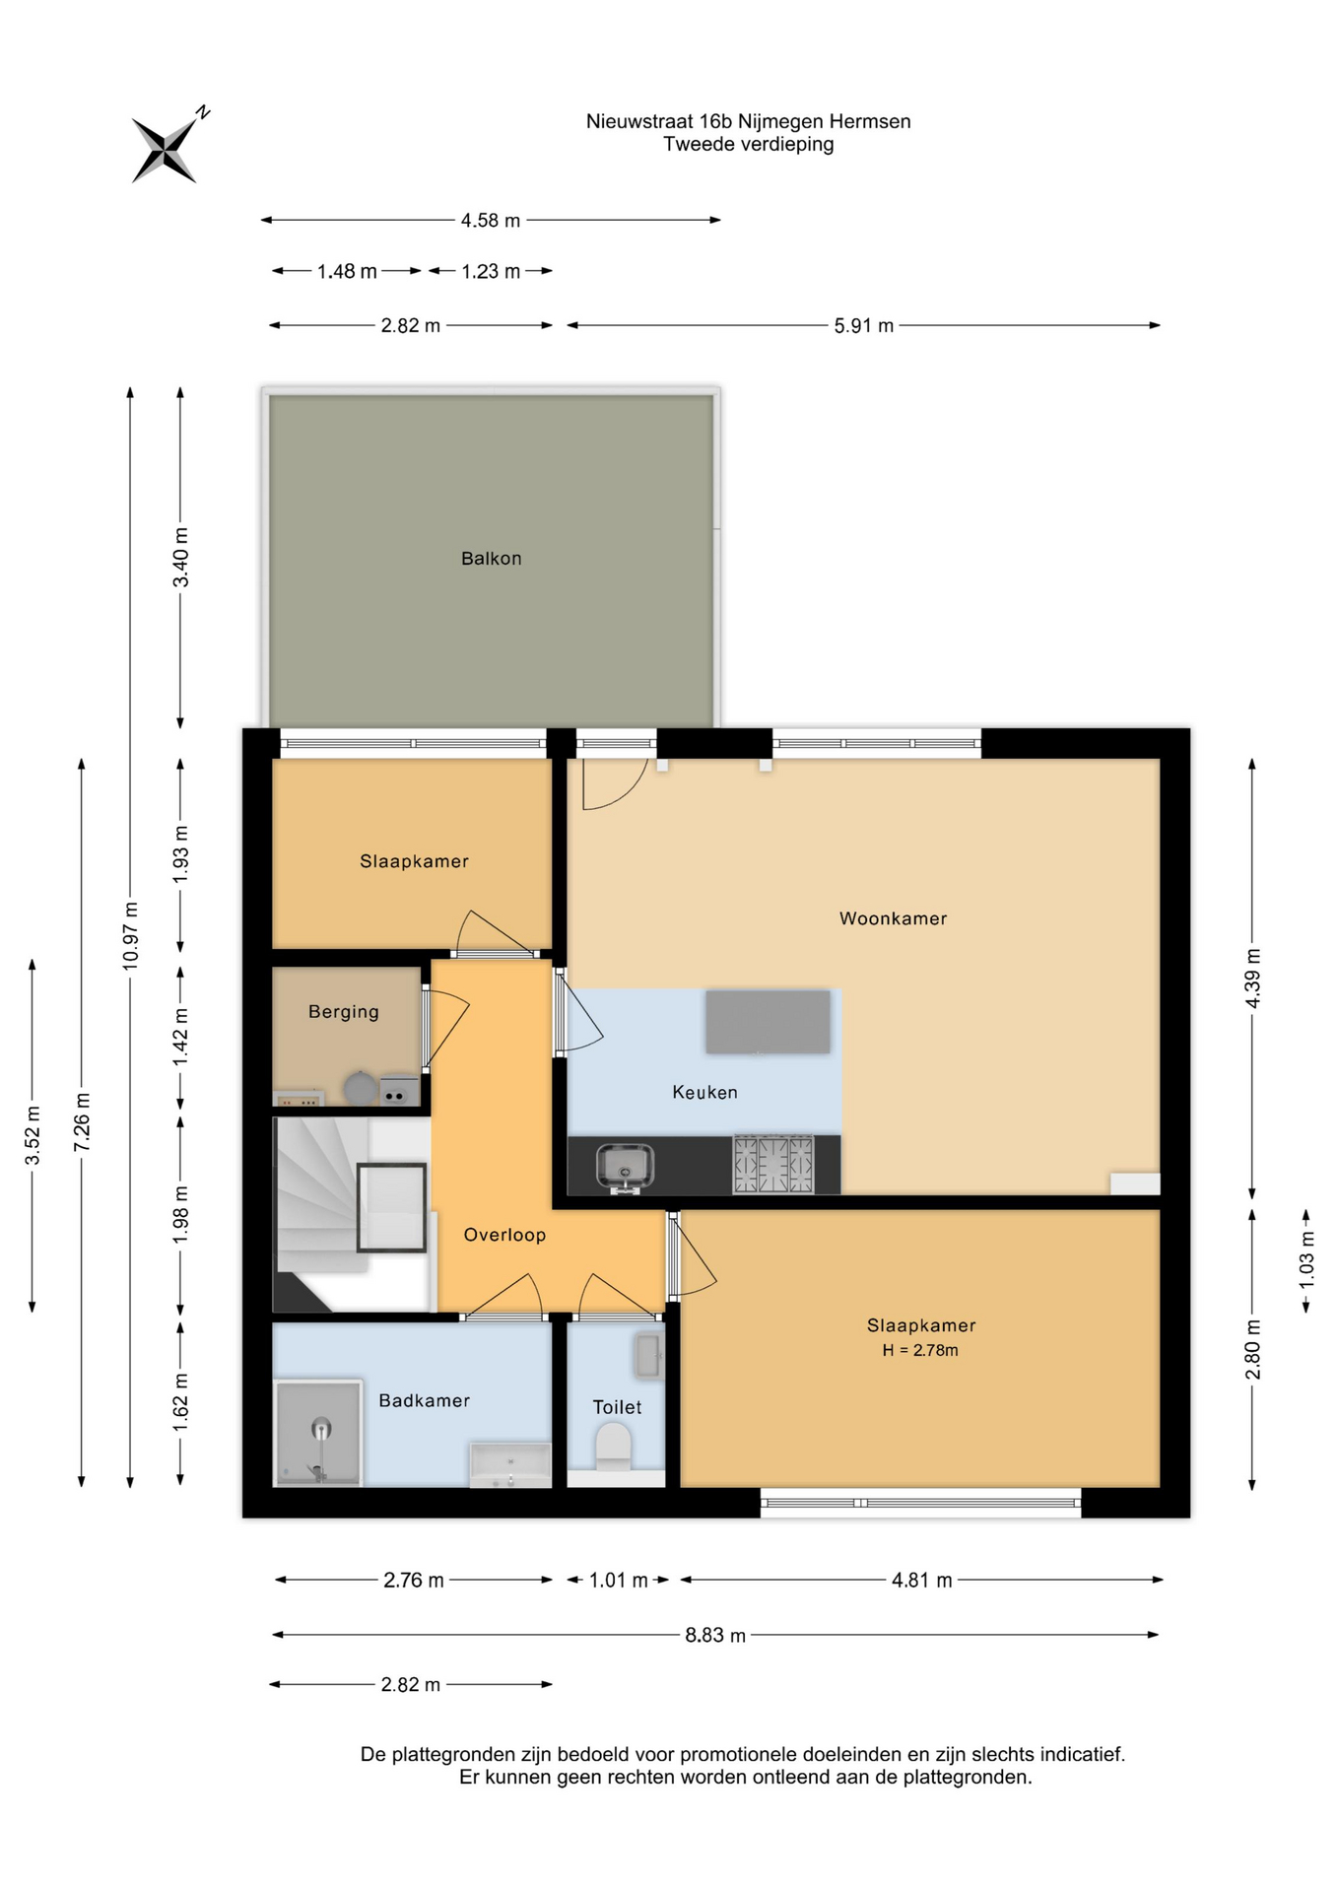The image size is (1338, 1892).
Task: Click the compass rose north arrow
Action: coord(168,147)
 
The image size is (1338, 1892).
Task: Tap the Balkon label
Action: coord(491,559)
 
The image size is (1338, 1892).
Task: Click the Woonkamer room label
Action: coord(893,918)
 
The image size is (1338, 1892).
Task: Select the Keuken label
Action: coord(704,1092)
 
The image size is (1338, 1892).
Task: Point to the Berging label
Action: coord(343,1012)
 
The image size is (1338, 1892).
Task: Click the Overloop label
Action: coord(504,1235)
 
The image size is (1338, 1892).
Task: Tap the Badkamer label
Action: coord(424,1400)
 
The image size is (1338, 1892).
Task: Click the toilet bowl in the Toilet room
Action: coord(614,1450)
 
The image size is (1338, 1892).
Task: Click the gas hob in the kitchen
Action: coord(773,1164)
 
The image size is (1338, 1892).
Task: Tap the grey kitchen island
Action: coord(768,1023)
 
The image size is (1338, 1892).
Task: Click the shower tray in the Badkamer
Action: coord(318,1433)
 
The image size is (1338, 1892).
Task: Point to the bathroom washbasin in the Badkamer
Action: coord(510,1465)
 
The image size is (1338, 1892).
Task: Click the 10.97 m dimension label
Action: coord(130,936)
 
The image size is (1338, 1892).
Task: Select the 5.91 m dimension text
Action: coord(863,326)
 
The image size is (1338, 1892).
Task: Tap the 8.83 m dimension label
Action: coord(715,1635)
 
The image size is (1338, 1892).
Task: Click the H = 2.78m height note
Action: coord(920,1350)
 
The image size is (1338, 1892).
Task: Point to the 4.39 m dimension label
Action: coord(1252,978)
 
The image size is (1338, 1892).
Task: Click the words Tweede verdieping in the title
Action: coord(749,144)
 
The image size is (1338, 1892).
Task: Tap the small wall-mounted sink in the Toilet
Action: coord(649,1356)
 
